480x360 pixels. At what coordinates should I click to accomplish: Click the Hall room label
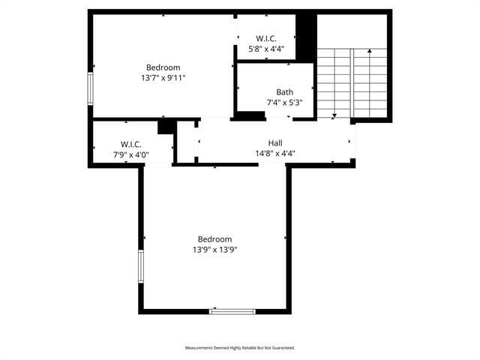coord(275,142)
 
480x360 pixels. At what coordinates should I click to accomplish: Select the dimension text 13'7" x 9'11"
coord(163,77)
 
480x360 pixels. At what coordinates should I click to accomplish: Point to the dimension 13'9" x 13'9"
coord(215,250)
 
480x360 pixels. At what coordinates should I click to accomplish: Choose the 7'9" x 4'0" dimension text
coord(131,154)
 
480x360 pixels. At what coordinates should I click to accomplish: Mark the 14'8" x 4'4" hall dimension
coord(275,153)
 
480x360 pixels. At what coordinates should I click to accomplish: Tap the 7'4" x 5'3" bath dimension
coord(284,103)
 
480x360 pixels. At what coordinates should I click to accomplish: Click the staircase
coord(352,82)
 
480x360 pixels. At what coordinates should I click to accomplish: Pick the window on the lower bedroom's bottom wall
coord(232,310)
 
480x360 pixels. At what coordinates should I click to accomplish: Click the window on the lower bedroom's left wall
coord(140,268)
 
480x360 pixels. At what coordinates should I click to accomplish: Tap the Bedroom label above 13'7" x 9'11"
coord(163,67)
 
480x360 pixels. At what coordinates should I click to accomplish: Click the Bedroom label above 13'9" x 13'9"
coord(215,239)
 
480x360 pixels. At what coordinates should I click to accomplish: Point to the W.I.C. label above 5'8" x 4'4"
coord(266,38)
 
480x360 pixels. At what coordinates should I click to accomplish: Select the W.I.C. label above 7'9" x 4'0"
coord(131,144)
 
